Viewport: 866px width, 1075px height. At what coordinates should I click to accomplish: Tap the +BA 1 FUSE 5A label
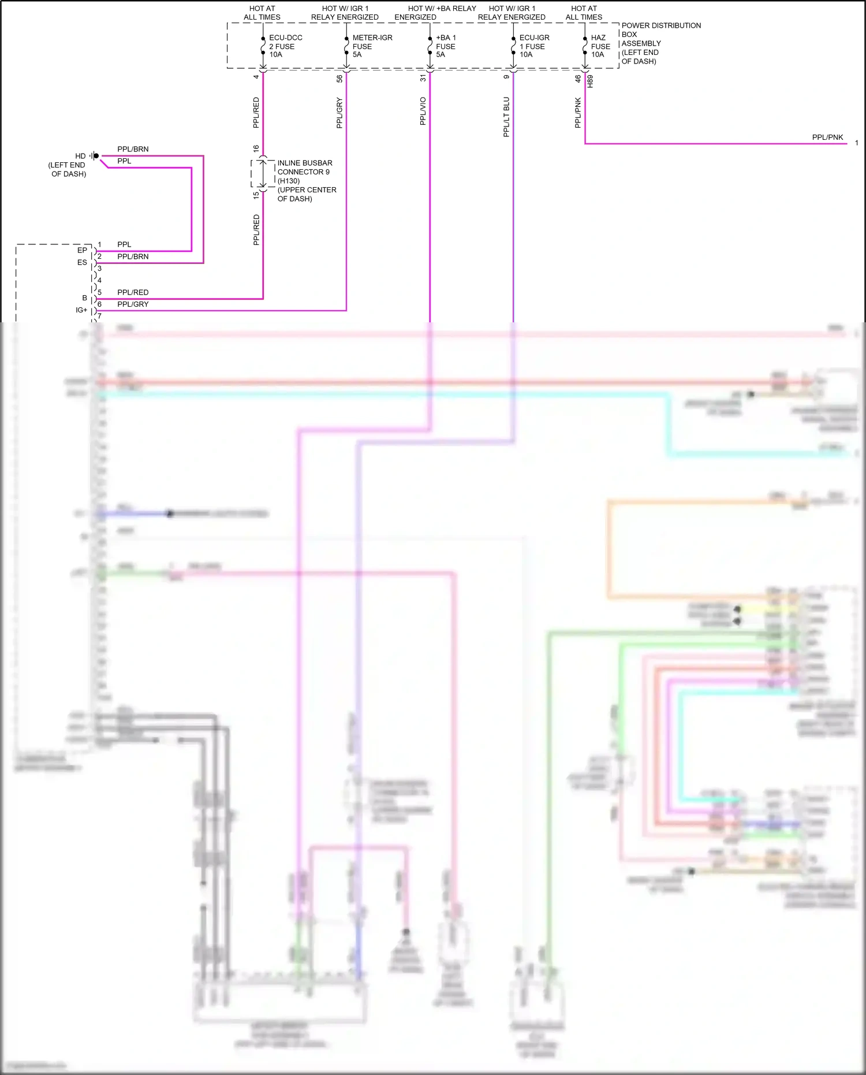coord(445,46)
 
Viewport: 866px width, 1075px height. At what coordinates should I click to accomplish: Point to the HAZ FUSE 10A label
coord(600,46)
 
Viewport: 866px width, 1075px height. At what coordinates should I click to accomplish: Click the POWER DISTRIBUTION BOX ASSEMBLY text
coord(660,43)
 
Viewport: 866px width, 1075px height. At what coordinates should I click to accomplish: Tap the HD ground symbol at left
coord(95,156)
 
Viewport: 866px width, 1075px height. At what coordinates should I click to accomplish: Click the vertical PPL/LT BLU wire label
coord(506,117)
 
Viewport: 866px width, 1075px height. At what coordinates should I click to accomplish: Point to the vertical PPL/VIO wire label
coord(423,111)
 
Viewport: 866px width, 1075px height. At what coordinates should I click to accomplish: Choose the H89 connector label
coord(590,81)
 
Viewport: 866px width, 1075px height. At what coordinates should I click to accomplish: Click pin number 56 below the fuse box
coord(339,79)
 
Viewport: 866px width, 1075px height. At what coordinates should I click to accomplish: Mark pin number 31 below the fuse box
coord(423,78)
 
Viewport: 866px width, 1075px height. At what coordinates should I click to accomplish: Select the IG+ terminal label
coord(81,310)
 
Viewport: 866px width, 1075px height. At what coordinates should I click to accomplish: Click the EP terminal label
coord(82,250)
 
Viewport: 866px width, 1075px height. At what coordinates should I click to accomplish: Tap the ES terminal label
coord(82,262)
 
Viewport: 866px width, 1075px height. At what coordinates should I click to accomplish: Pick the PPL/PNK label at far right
coord(827,137)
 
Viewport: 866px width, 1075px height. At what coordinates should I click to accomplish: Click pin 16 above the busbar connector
coord(256,148)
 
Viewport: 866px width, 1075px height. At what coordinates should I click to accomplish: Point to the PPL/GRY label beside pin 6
coord(133,304)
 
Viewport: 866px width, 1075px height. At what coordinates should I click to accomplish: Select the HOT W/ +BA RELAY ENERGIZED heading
coord(441,13)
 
